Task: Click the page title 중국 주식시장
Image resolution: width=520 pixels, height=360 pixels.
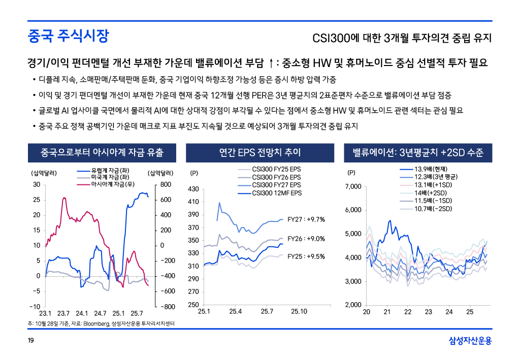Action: click(x=68, y=36)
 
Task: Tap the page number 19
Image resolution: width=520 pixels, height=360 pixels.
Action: click(x=31, y=341)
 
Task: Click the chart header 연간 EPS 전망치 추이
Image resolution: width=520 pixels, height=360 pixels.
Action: click(x=260, y=152)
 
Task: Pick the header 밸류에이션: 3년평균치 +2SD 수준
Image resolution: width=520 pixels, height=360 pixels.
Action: click(x=418, y=152)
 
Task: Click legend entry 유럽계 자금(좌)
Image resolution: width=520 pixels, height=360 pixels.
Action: click(x=109, y=170)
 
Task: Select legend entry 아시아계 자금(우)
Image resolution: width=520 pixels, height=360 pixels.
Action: click(x=112, y=183)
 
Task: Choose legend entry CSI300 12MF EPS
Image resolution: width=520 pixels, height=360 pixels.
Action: click(x=276, y=193)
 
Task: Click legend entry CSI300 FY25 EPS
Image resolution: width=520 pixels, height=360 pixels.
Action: click(x=276, y=169)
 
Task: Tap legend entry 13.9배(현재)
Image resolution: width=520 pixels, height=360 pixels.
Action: click(x=430, y=169)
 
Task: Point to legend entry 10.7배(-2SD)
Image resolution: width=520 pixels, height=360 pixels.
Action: click(x=433, y=209)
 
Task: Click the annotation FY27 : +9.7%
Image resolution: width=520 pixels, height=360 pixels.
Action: click(x=306, y=219)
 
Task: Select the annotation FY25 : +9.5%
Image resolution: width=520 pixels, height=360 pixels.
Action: click(x=306, y=256)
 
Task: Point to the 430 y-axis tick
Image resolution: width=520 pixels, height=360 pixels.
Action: click(x=193, y=189)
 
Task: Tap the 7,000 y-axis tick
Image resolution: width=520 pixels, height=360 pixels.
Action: click(x=352, y=187)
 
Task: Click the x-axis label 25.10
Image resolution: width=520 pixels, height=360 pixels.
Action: click(x=299, y=311)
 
